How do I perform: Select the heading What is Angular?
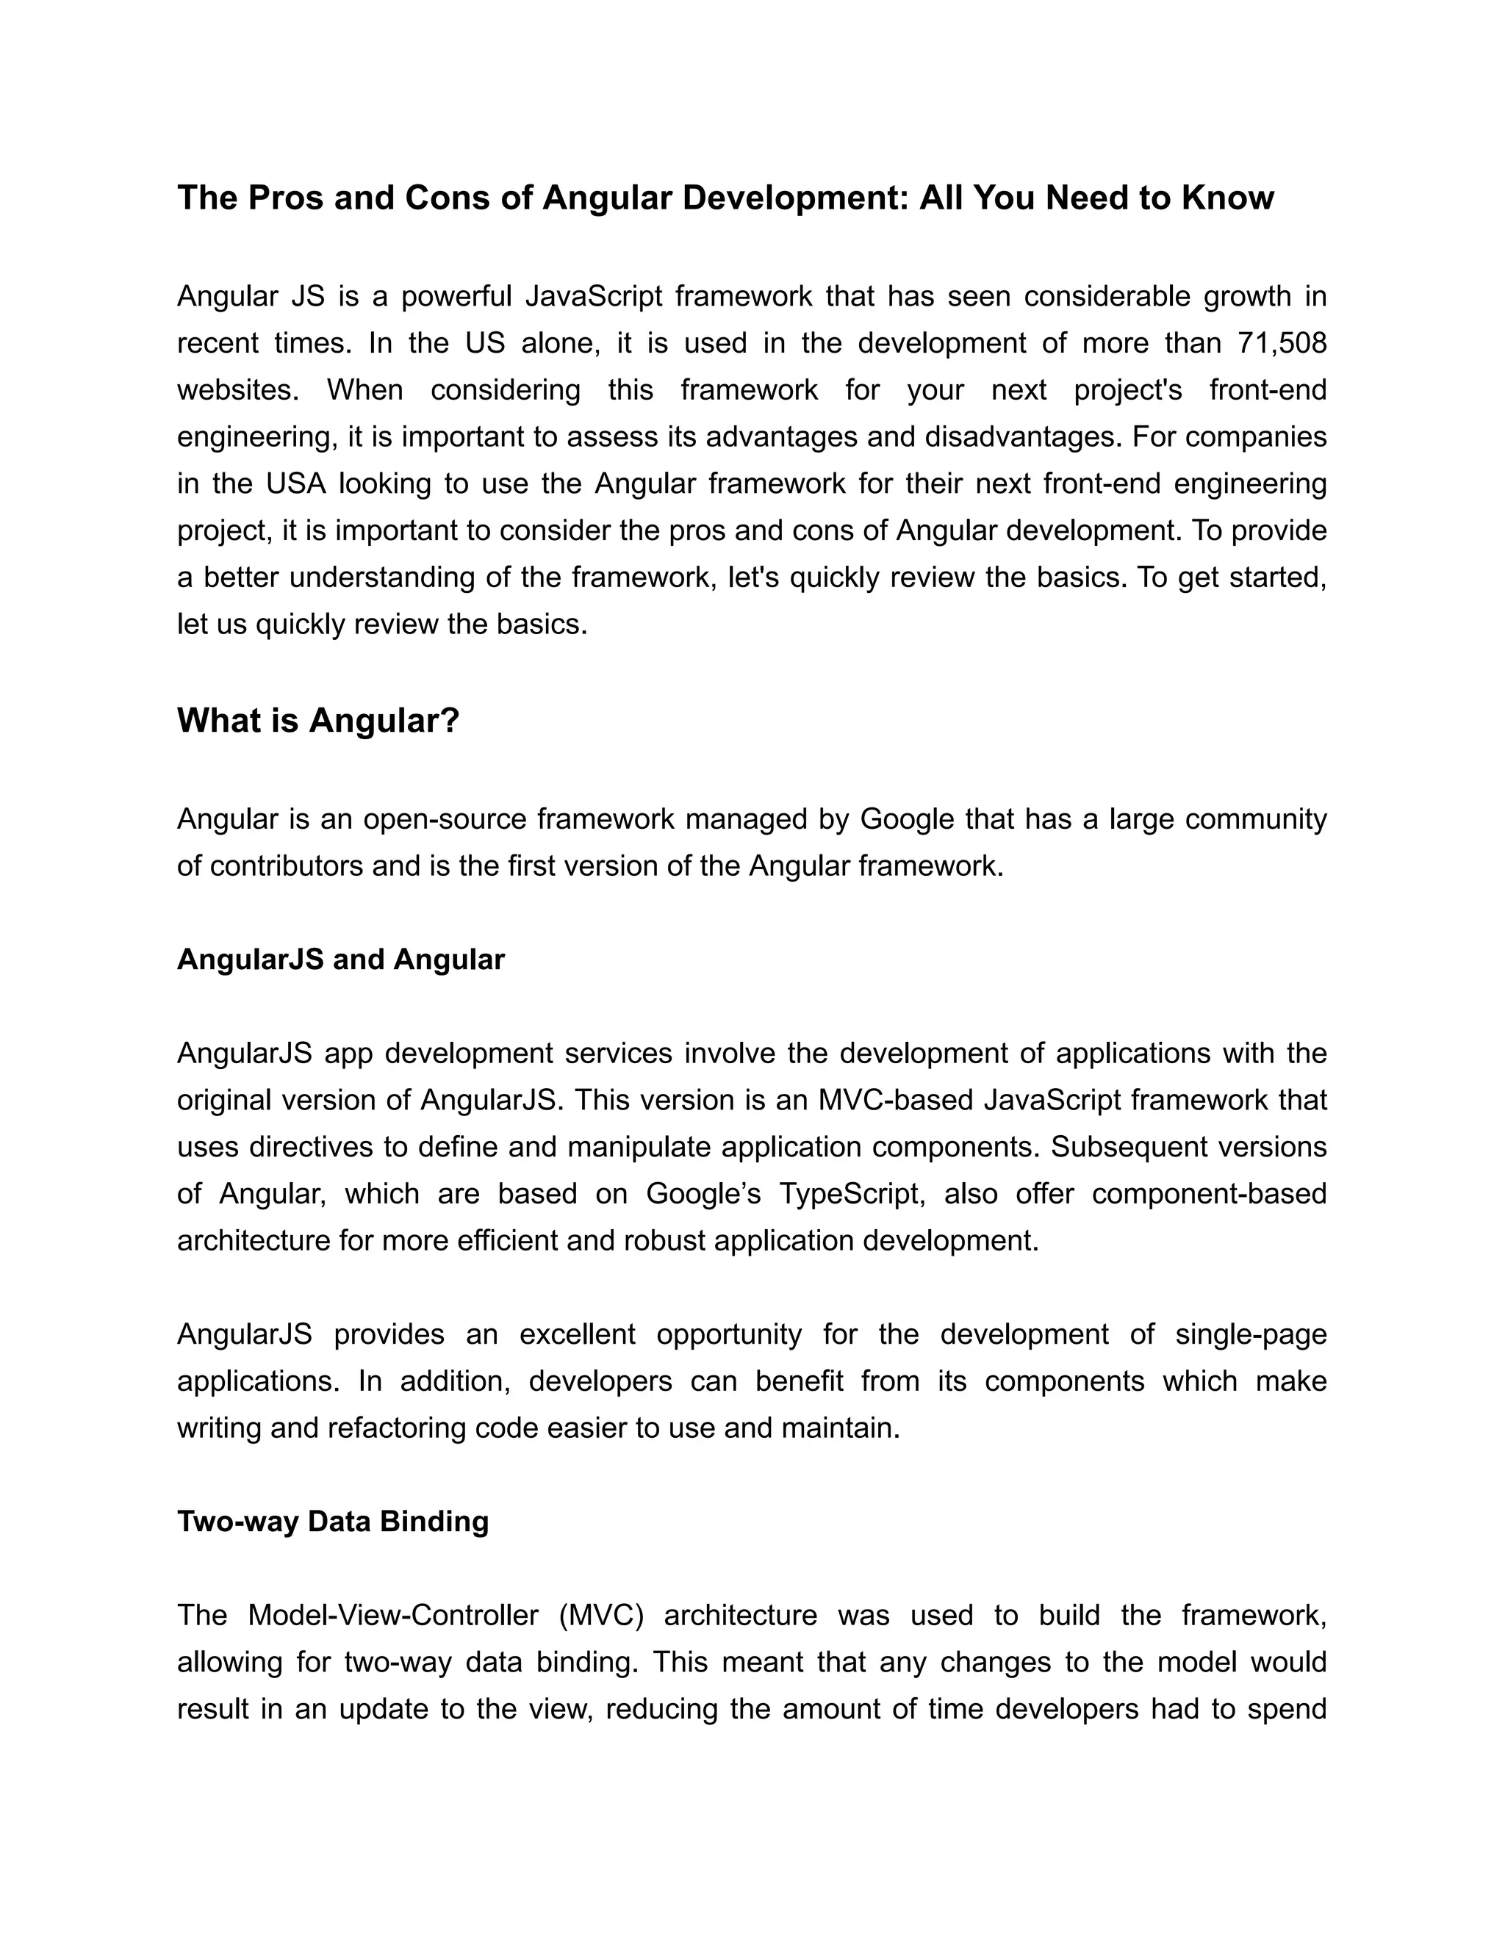[317, 720]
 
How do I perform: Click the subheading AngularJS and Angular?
[340, 960]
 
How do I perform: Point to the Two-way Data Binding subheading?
[333, 1521]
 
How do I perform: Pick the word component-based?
[1209, 1194]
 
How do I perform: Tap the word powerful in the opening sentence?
[456, 296]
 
